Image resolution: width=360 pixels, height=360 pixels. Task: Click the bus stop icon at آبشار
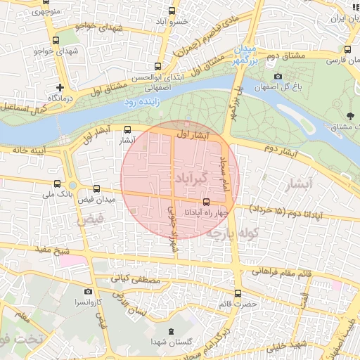127,129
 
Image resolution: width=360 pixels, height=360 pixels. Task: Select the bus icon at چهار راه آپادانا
206,202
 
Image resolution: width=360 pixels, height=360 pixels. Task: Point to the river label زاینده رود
143,102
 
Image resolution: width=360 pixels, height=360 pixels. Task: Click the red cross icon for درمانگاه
60,88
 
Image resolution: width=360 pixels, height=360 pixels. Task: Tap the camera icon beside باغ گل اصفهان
278,76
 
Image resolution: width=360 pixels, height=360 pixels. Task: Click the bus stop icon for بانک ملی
57,184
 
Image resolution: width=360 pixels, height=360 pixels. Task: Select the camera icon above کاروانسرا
88,291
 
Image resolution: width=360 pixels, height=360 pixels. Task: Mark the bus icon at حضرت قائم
237,292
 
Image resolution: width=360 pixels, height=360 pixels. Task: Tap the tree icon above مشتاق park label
350,115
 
